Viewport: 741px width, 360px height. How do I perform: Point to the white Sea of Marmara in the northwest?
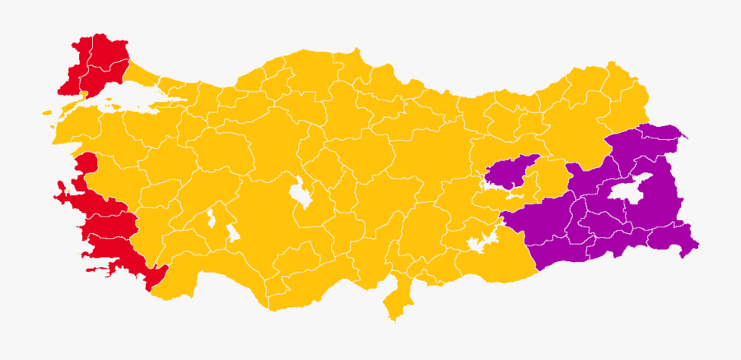[123, 102]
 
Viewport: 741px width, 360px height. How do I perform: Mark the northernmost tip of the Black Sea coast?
[359, 51]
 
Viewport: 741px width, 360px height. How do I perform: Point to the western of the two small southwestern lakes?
[212, 219]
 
